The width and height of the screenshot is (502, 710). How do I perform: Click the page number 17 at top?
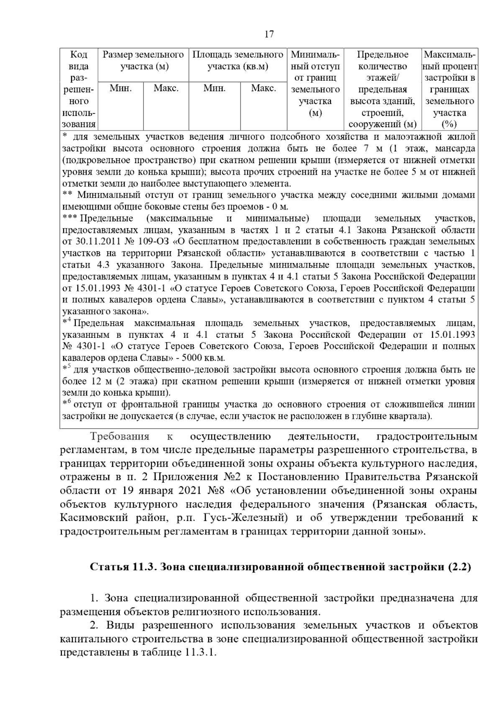coord(269,34)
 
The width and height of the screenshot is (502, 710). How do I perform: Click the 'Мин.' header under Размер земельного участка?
coord(120,89)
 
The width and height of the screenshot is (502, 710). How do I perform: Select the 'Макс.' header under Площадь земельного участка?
coord(263,89)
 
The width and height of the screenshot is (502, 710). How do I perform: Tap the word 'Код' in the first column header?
coord(79,55)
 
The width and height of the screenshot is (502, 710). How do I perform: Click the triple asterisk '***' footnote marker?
coord(70,218)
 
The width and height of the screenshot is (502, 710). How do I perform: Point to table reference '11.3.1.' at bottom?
coord(199,653)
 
